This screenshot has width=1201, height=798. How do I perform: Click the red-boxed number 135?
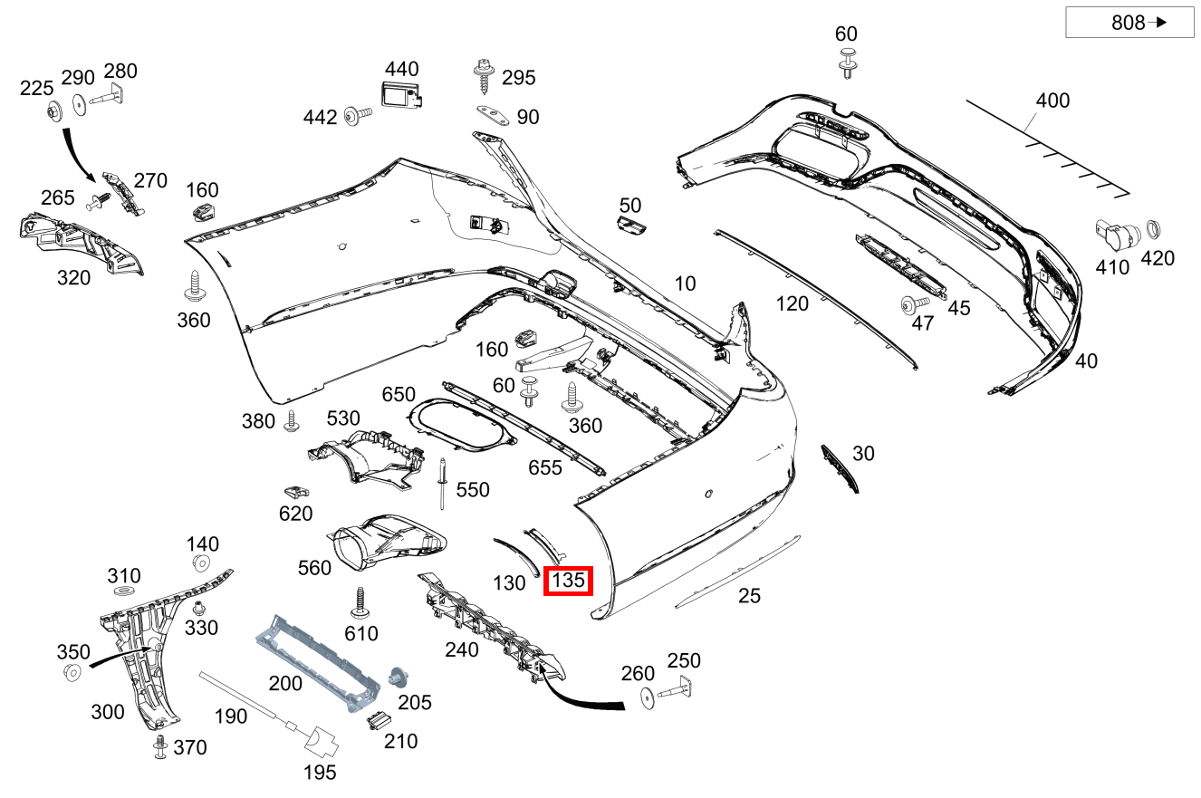pos(568,581)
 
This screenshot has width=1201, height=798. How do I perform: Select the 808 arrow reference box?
pos(1129,23)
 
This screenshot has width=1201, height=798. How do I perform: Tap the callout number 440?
pos(401,69)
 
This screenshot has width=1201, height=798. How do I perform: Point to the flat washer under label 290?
pos(79,104)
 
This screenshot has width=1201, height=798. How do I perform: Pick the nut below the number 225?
pos(54,112)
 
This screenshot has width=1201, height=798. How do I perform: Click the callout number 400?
pos(1052,100)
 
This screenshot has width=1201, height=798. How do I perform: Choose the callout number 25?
pos(749,595)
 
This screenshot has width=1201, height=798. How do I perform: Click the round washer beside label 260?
pos(649,697)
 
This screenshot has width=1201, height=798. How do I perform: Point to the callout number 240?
pos(461,649)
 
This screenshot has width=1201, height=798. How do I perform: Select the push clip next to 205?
pos(396,677)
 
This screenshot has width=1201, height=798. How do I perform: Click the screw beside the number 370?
pos(160,745)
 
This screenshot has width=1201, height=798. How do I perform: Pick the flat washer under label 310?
pos(121,591)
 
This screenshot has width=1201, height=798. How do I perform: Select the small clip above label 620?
pos(293,492)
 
